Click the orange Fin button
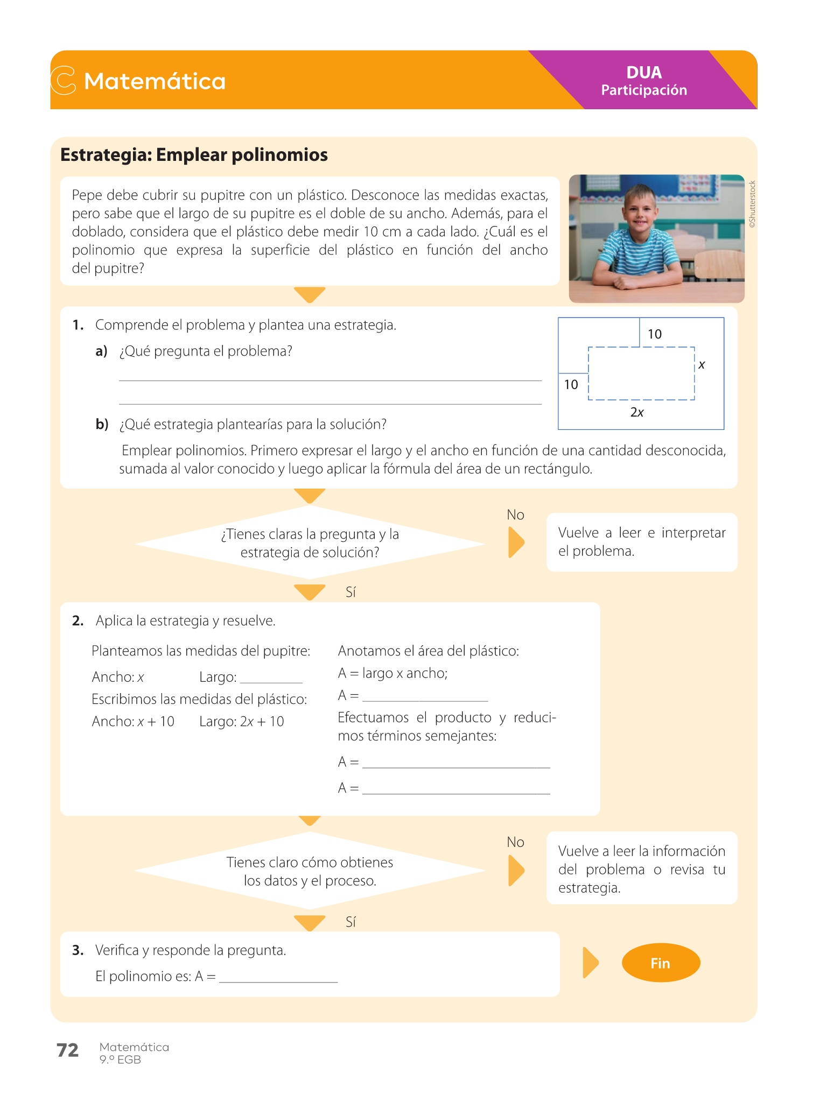pyautogui.click(x=661, y=963)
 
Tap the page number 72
pyautogui.click(x=68, y=1050)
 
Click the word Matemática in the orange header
pyautogui.click(x=155, y=81)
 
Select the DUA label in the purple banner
pyautogui.click(x=644, y=73)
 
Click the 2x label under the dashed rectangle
pyautogui.click(x=637, y=412)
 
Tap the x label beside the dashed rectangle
pyautogui.click(x=702, y=365)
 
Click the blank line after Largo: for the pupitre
pyautogui.click(x=271, y=678)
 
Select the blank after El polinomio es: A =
pyautogui.click(x=278, y=977)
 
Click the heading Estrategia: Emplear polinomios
pyautogui.click(x=194, y=155)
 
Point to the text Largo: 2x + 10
pyautogui.click(x=241, y=722)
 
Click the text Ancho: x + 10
pyautogui.click(x=133, y=722)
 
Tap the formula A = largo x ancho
pyautogui.click(x=393, y=673)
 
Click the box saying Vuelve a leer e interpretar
pyautogui.click(x=642, y=542)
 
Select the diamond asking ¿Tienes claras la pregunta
pyautogui.click(x=310, y=543)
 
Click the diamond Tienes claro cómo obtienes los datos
pyautogui.click(x=310, y=871)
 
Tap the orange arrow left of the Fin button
pyautogui.click(x=591, y=963)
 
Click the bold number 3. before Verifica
pyautogui.click(x=78, y=950)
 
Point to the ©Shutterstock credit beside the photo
pyautogui.click(x=752, y=204)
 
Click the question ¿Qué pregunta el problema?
pyautogui.click(x=206, y=351)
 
